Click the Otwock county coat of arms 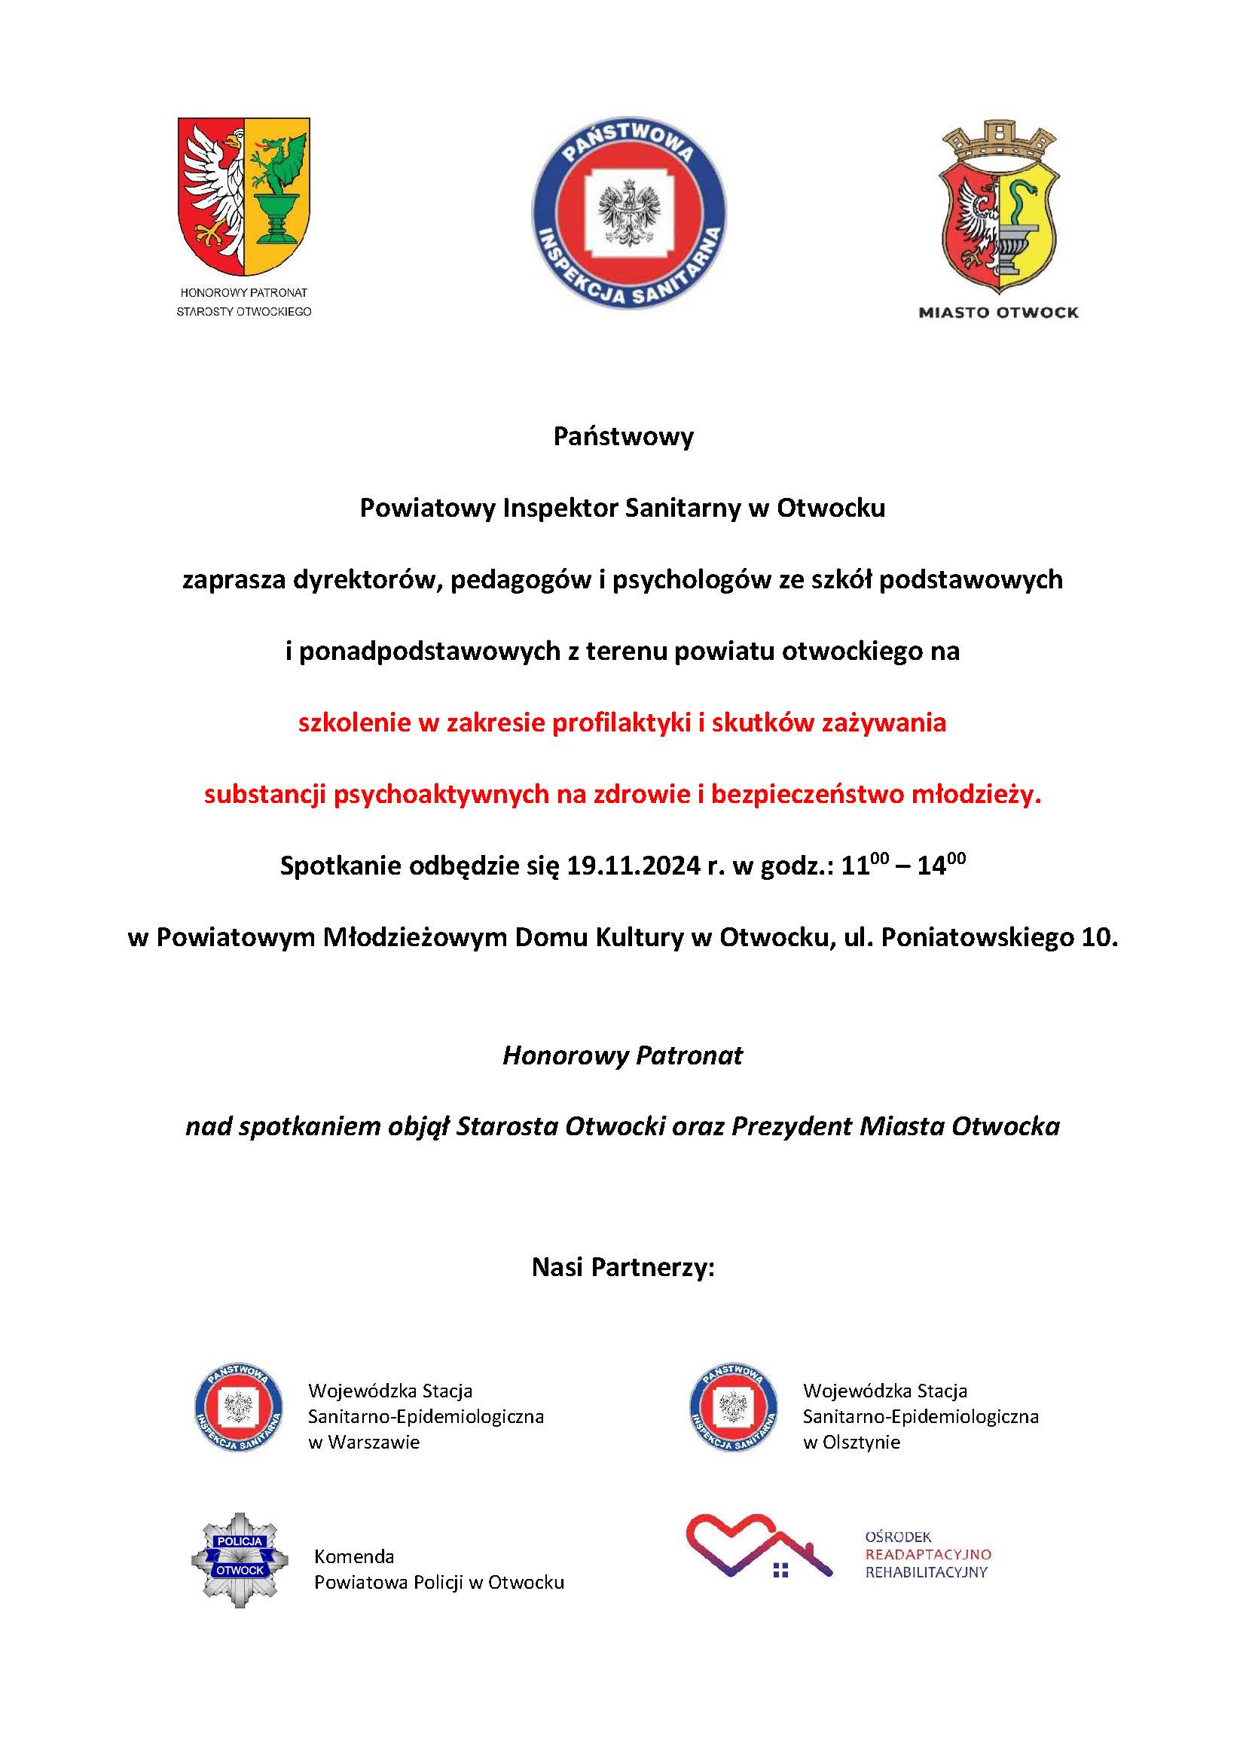(x=244, y=196)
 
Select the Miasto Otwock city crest (x=998, y=207)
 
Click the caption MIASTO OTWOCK (x=998, y=313)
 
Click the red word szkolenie (x=355, y=723)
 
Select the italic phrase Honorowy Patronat (x=622, y=1056)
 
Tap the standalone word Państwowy (x=623, y=437)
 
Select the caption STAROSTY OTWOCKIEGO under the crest (x=244, y=312)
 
